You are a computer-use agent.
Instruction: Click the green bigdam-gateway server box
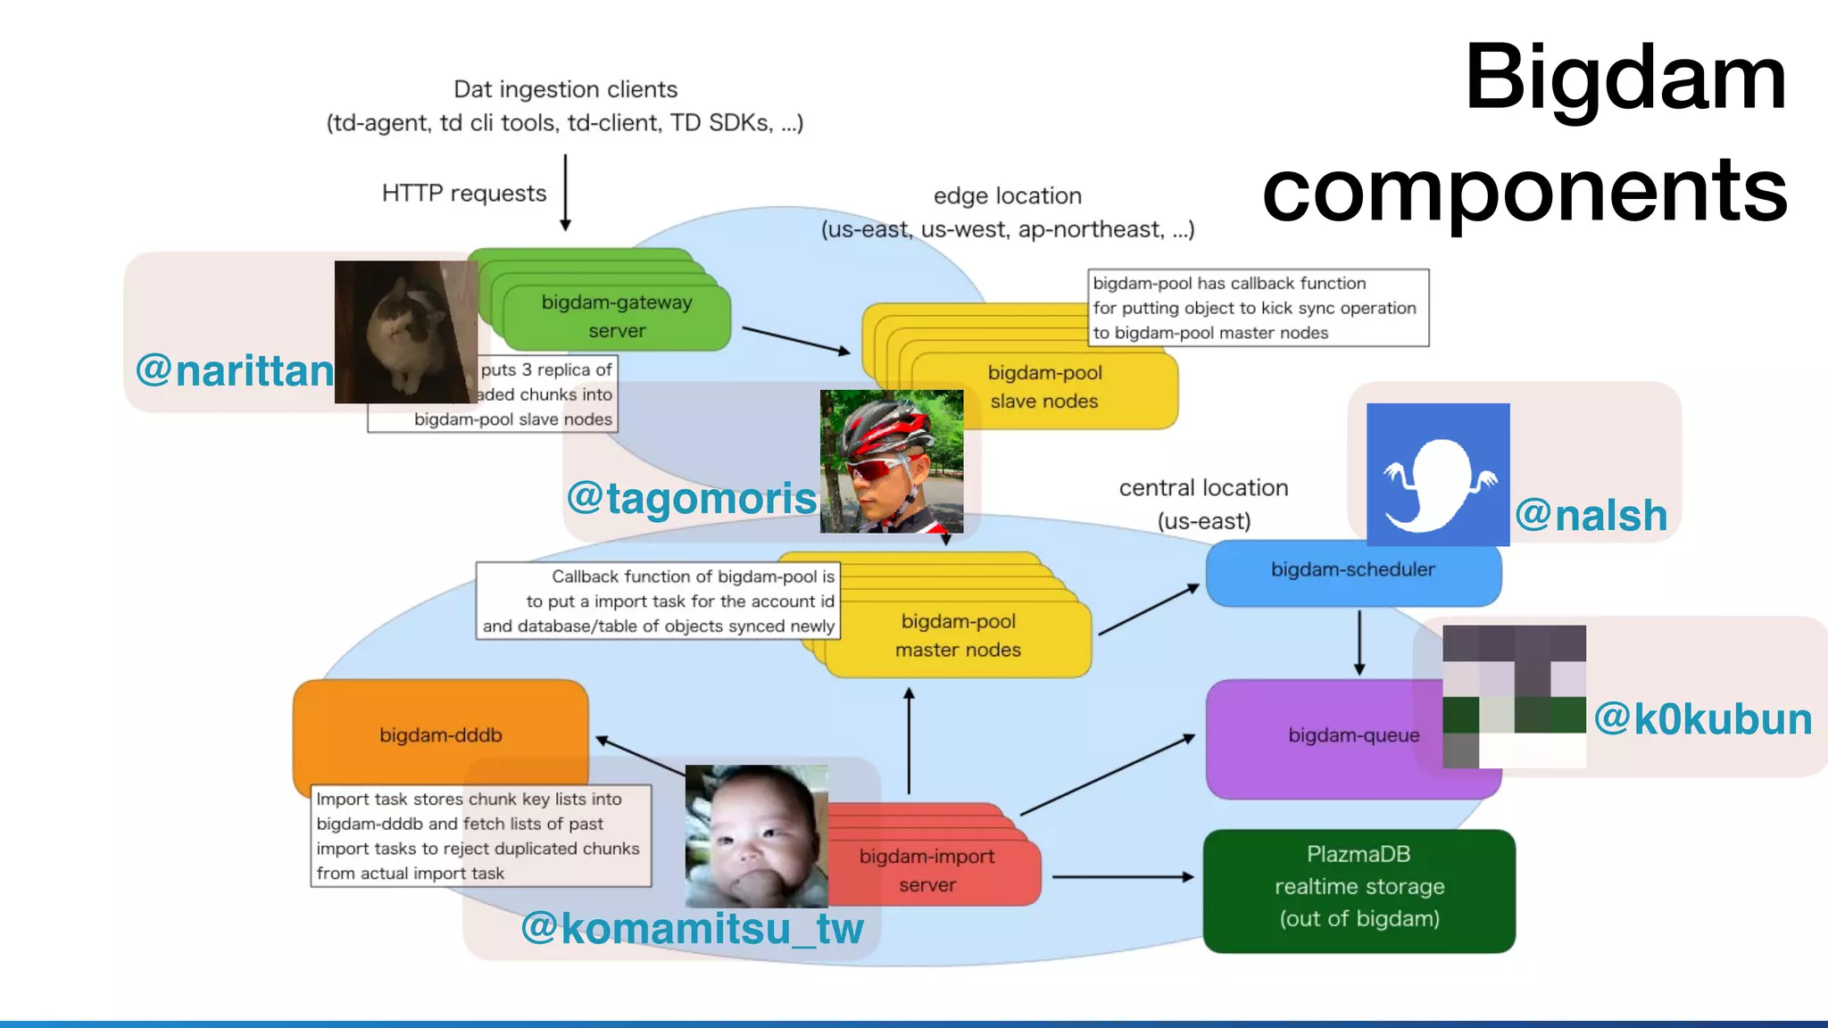[616, 317]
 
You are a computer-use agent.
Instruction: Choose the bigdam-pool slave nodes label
[1044, 387]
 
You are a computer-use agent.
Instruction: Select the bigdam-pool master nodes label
[958, 635]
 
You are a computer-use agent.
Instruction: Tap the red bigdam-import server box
[928, 870]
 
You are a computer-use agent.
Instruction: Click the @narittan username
[235, 370]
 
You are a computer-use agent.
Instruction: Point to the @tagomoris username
[692, 498]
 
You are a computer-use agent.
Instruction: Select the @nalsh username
[1591, 515]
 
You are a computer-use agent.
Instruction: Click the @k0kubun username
[1703, 719]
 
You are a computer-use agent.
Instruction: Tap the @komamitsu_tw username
[692, 928]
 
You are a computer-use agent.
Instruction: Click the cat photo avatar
[405, 332]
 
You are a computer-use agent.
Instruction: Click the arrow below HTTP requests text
[565, 193]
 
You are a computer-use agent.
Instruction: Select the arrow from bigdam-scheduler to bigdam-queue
[1359, 642]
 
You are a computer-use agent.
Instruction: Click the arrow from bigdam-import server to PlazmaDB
[1123, 877]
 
